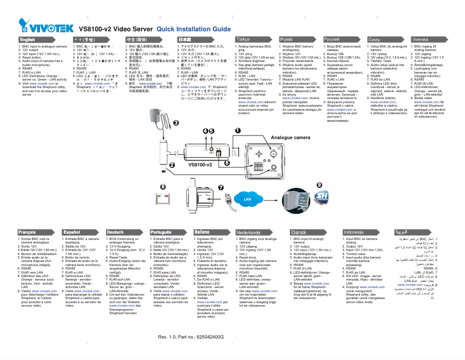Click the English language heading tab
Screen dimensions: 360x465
coord(27,39)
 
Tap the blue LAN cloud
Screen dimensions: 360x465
coord(249,199)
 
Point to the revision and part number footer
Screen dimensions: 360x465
coord(194,336)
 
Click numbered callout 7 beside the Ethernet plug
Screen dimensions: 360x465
coord(228,187)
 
